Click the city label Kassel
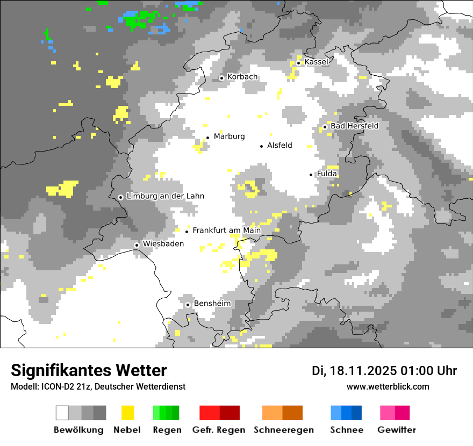(316, 62)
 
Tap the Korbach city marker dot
(221, 78)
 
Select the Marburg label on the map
(229, 136)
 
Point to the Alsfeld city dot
(262, 146)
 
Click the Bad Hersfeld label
(354, 126)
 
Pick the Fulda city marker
(311, 175)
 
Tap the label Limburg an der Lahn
(165, 196)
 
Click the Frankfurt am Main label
(226, 231)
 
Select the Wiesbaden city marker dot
(137, 245)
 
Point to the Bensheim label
(212, 304)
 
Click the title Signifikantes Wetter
(89, 370)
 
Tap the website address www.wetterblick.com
(388, 387)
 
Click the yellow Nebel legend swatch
(127, 413)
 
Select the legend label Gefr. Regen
(218, 430)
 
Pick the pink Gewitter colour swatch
(395, 413)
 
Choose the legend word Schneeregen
(284, 430)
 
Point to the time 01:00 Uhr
(428, 371)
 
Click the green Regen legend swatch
(166, 413)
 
